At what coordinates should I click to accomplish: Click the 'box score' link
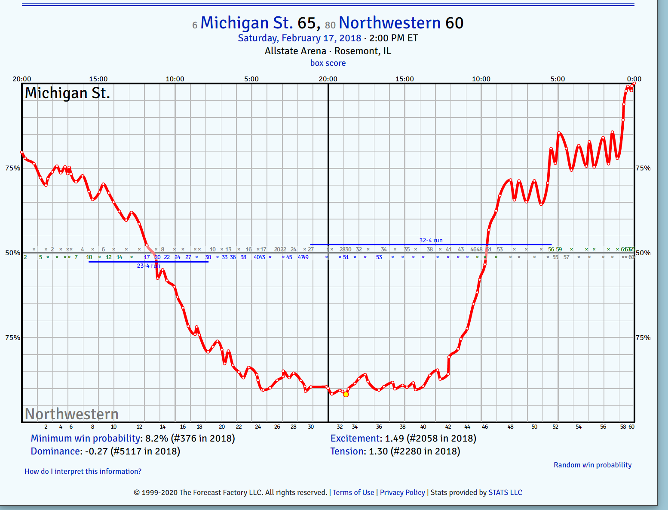point(328,63)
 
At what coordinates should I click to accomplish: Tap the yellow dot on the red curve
point(346,394)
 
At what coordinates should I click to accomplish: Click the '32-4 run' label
point(431,240)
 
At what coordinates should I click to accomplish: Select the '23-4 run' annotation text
point(148,266)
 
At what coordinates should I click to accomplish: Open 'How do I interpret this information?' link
point(83,471)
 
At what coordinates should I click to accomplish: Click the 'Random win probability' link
point(592,465)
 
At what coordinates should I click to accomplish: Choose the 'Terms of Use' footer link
point(353,492)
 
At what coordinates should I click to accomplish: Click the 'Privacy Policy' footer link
point(402,492)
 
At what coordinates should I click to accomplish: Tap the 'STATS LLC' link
point(505,492)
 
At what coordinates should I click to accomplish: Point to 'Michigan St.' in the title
point(246,23)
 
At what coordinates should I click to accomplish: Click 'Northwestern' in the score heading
point(389,23)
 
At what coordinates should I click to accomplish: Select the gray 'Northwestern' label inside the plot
point(71,414)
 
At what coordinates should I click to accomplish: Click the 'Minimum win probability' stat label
point(86,438)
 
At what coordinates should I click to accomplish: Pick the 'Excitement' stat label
point(355,438)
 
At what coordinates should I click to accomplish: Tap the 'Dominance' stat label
point(56,451)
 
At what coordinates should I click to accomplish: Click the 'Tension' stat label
point(348,451)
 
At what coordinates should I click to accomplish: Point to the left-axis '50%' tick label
point(12,253)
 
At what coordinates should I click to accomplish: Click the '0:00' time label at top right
point(634,79)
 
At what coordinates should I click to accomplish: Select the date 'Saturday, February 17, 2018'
point(300,38)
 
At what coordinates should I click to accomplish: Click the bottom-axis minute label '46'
point(485,427)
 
